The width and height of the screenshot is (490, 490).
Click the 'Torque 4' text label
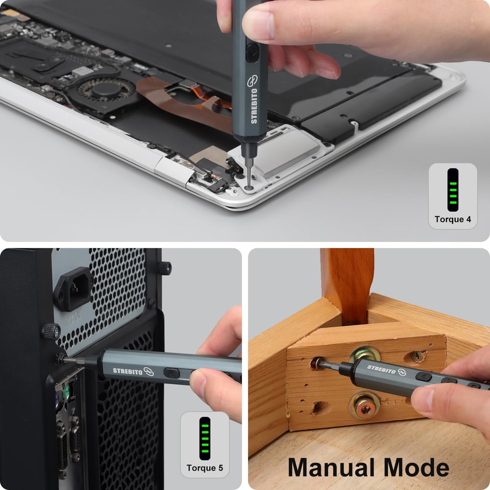(x=453, y=219)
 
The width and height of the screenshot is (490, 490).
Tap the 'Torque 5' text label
(x=205, y=467)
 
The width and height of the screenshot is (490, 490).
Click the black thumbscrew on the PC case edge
(x=50, y=331)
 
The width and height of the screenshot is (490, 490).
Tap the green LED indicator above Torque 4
(x=453, y=190)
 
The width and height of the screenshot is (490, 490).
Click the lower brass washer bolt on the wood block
(x=364, y=406)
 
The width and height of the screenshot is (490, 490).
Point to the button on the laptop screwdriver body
(x=251, y=52)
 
